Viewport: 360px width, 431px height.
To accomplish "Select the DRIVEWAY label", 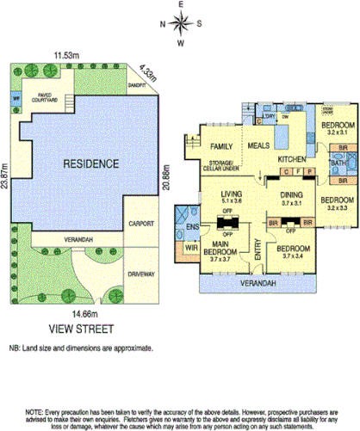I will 140,274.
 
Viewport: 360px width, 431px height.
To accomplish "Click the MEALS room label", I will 258,146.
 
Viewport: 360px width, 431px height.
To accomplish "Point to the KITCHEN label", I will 292,161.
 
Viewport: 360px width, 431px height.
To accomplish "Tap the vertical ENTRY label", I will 256,249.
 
